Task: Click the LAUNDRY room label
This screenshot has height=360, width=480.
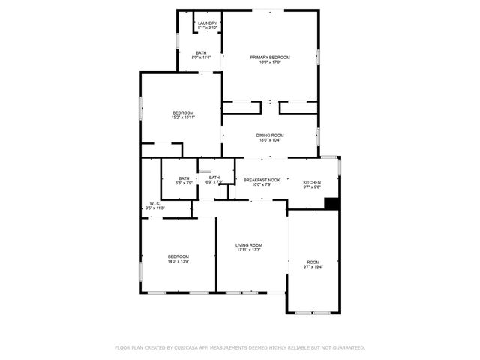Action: point(207,23)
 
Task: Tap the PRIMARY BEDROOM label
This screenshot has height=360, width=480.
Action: point(270,58)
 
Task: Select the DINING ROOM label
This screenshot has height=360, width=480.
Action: point(270,136)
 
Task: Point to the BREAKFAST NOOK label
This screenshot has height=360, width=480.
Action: point(262,180)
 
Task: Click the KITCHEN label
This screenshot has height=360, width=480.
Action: point(312,182)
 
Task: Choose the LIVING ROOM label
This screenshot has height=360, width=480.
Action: point(248,245)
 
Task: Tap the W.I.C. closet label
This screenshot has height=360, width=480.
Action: point(154,203)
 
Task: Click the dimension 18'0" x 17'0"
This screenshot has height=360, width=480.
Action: point(270,63)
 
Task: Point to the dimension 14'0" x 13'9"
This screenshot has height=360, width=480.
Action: point(178,262)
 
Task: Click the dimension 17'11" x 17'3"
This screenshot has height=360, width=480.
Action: point(248,250)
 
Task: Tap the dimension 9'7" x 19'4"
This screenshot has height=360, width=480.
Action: point(313,267)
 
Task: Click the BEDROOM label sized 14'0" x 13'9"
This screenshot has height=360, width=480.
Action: point(178,256)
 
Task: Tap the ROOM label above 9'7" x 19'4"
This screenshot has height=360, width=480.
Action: point(313,262)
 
